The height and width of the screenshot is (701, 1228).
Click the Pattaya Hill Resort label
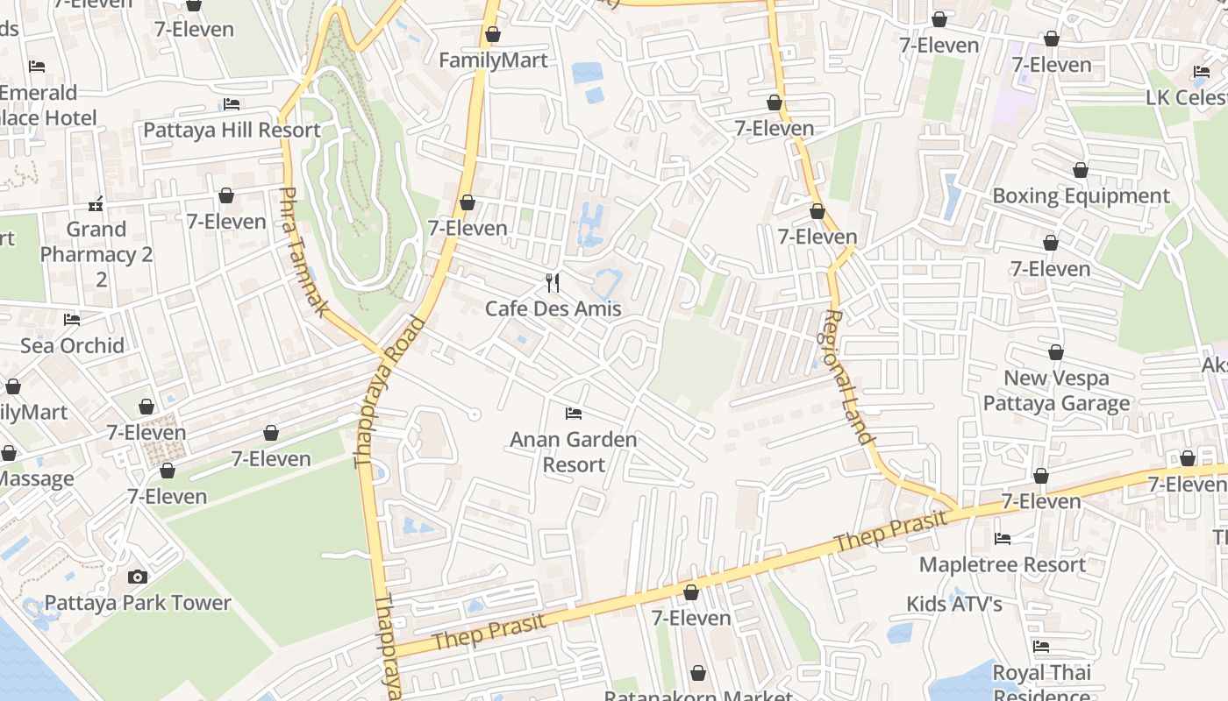232,130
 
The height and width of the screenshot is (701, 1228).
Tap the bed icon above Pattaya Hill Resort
232,104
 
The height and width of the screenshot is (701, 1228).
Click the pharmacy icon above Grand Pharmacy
96,204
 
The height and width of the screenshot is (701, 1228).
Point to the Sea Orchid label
72,345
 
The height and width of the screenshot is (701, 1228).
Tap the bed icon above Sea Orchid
72,320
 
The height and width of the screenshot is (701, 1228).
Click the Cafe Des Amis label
553,308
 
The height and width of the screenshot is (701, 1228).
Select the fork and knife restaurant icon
553,282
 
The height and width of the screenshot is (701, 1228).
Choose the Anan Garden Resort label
574,451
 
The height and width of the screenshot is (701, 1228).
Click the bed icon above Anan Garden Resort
574,413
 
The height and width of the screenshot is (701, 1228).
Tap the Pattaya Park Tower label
138,603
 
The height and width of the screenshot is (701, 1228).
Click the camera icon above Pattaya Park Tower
138,577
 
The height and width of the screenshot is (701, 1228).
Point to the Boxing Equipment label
1081,195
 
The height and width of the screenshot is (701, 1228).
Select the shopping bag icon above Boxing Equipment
1081,170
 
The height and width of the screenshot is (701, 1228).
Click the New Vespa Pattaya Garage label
1056,391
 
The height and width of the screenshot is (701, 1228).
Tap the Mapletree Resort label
1003,564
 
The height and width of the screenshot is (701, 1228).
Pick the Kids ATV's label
954,604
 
